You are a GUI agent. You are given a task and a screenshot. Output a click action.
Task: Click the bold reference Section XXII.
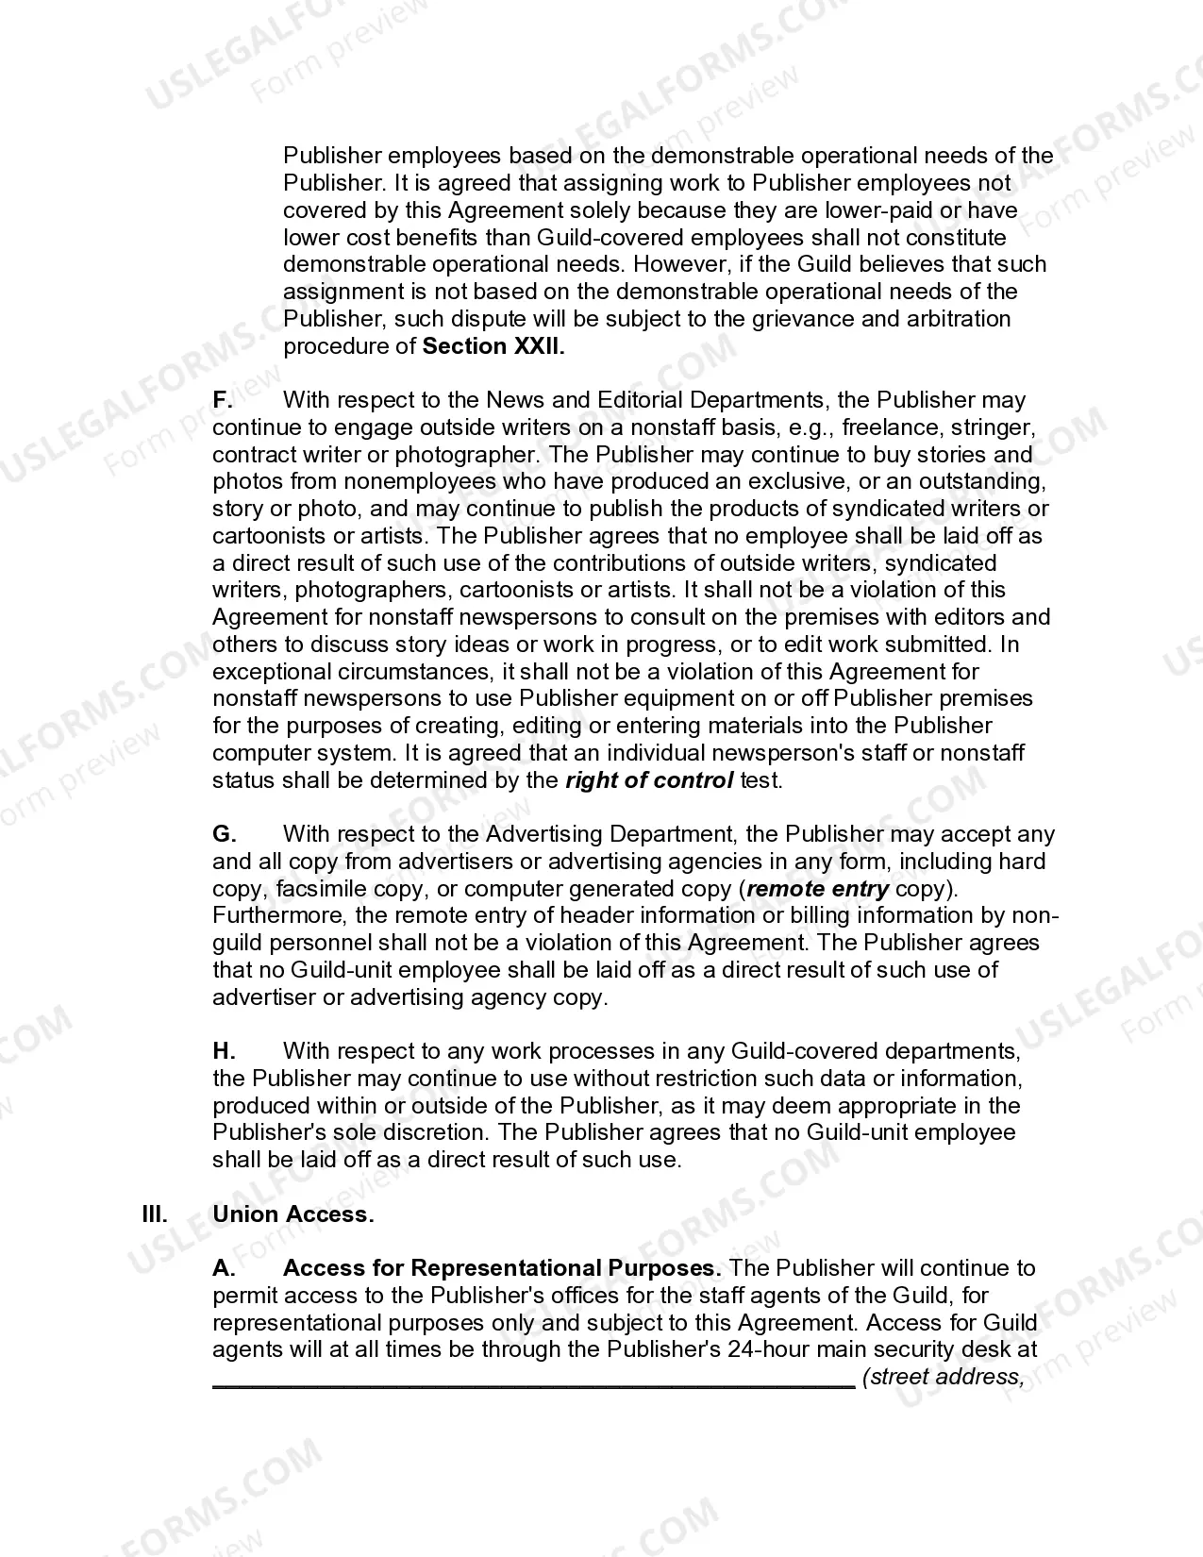(493, 346)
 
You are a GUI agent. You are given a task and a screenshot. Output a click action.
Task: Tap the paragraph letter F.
(222, 400)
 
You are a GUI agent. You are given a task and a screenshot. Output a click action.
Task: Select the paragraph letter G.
(224, 834)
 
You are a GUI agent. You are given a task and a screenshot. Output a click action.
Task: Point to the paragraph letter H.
(224, 1051)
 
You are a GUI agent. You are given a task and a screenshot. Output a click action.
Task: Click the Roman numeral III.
(155, 1214)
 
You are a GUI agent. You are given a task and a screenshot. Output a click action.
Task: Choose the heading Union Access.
(293, 1214)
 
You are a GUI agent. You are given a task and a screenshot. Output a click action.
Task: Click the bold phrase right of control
(649, 780)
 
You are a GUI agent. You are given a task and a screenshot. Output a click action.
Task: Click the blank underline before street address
(533, 1379)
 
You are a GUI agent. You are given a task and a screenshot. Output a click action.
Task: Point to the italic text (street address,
(943, 1377)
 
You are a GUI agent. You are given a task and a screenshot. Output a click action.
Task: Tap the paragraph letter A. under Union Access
(224, 1268)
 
